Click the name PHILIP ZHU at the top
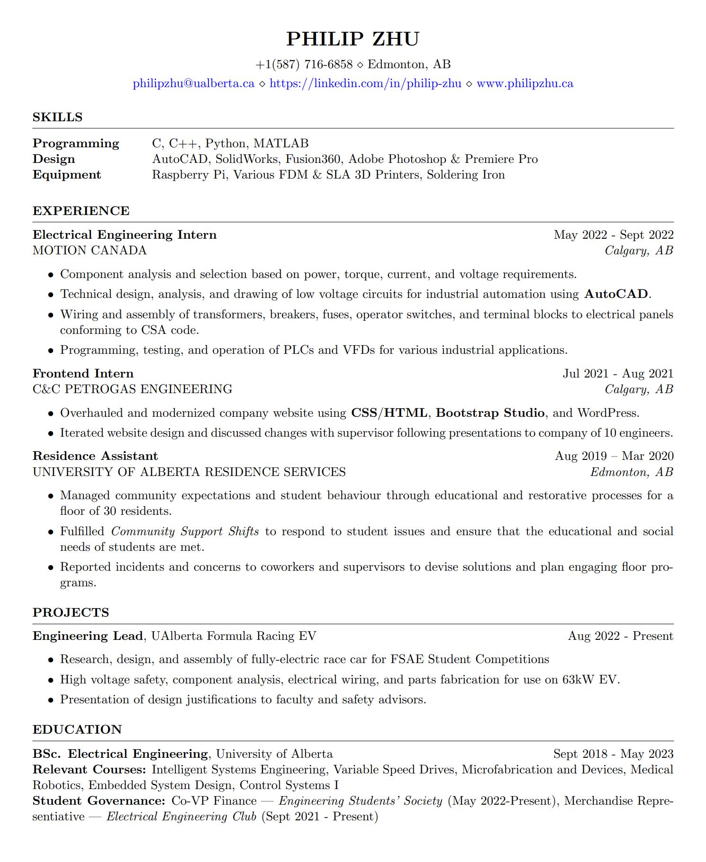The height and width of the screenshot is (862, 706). pyautogui.click(x=353, y=39)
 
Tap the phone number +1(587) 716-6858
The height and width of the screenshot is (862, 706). pyautogui.click(x=304, y=64)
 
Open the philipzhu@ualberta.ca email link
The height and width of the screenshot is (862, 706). pyautogui.click(x=193, y=84)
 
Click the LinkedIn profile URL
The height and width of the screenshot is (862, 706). pyautogui.click(x=365, y=84)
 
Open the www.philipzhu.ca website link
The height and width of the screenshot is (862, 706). pyautogui.click(x=525, y=84)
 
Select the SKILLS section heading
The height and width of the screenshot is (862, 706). pyautogui.click(x=57, y=117)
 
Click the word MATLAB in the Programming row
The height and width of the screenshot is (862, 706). pyautogui.click(x=281, y=144)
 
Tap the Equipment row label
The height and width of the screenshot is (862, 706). pyautogui.click(x=67, y=175)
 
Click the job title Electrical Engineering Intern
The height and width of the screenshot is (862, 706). pyautogui.click(x=125, y=235)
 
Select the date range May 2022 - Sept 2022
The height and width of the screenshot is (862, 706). pyautogui.click(x=614, y=235)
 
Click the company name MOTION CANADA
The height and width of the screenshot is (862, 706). pyautogui.click(x=90, y=251)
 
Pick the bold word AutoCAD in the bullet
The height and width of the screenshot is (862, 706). pyautogui.click(x=616, y=294)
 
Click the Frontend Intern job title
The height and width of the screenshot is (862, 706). pyautogui.click(x=83, y=374)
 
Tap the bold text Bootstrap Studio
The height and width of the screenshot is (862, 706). pyautogui.click(x=490, y=413)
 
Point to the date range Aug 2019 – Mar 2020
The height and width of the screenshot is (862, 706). pyautogui.click(x=614, y=456)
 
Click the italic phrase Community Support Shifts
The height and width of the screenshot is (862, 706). pyautogui.click(x=185, y=531)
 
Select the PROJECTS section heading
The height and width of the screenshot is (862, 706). pyautogui.click(x=71, y=612)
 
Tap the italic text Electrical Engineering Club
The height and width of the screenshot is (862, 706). pyautogui.click(x=181, y=817)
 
